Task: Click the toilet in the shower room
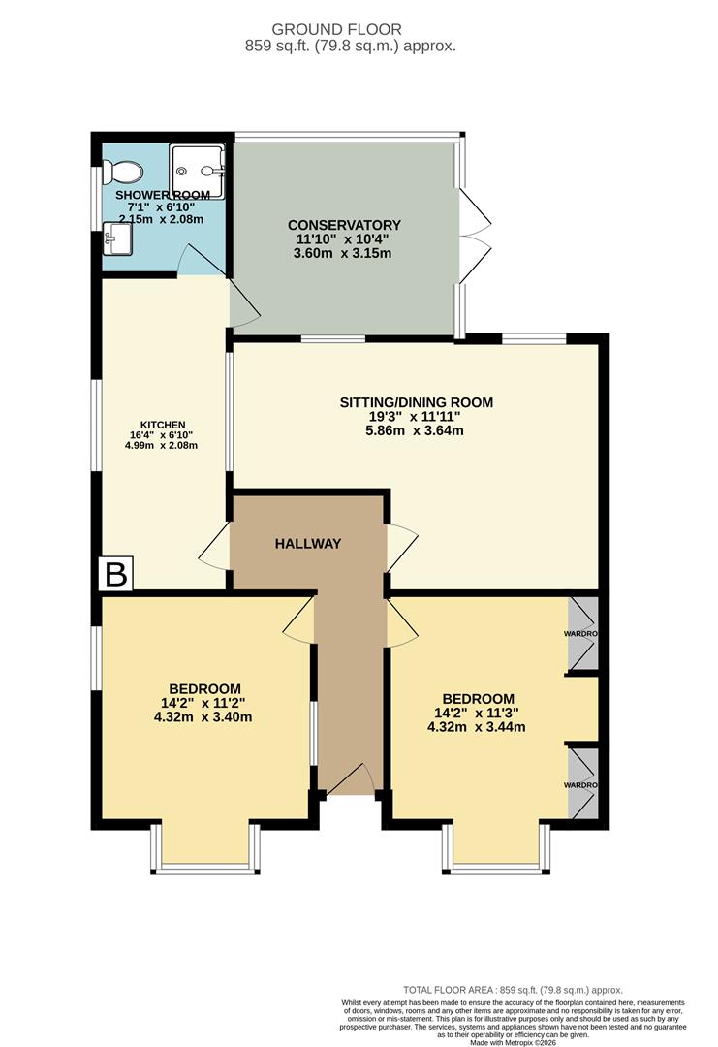point(125,173)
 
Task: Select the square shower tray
point(198,172)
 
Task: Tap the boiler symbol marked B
point(115,575)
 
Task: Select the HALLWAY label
point(308,544)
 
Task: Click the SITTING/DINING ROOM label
point(416,402)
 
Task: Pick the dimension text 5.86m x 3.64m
point(416,430)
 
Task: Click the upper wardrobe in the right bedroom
point(582,634)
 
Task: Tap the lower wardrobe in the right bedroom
point(582,784)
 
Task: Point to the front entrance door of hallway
point(350,780)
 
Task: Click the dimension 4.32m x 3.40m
point(203,717)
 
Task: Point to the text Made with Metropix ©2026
point(519,1042)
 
